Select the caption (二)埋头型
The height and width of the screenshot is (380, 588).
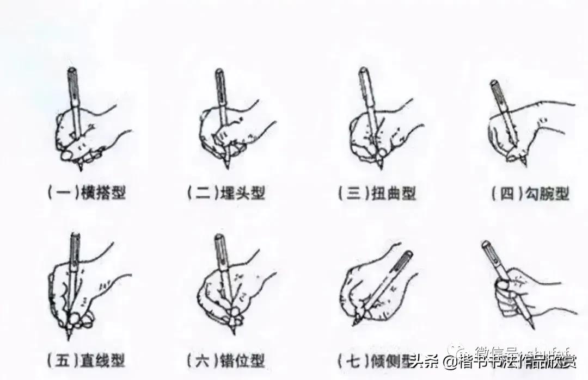pos(225,193)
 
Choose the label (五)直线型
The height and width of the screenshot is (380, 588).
pos(87,360)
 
